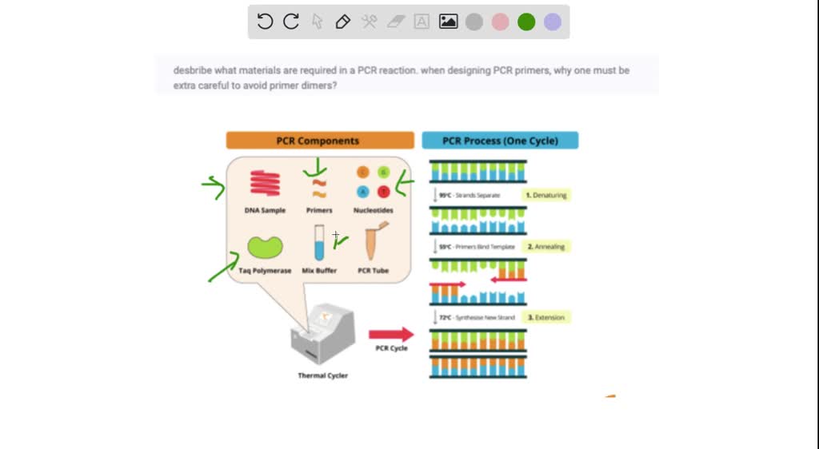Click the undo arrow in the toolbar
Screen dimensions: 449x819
266,22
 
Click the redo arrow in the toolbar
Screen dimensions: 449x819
291,22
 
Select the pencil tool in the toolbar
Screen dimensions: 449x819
343,22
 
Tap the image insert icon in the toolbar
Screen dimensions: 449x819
448,22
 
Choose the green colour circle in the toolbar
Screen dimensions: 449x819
526,22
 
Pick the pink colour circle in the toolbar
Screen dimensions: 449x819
500,22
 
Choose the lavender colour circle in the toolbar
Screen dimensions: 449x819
553,22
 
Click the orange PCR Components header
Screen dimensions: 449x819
319,141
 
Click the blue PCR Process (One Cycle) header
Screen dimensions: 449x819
500,141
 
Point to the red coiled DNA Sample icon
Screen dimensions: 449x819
265,183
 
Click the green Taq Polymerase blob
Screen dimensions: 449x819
265,247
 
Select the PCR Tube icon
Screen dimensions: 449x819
373,243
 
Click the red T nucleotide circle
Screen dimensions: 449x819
383,191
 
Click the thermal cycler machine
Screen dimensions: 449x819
322,336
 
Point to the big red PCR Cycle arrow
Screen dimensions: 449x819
391,334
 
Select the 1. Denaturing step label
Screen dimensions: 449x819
546,195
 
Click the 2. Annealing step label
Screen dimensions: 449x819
546,247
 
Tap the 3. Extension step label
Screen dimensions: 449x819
546,317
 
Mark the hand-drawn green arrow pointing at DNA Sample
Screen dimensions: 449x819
214,187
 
